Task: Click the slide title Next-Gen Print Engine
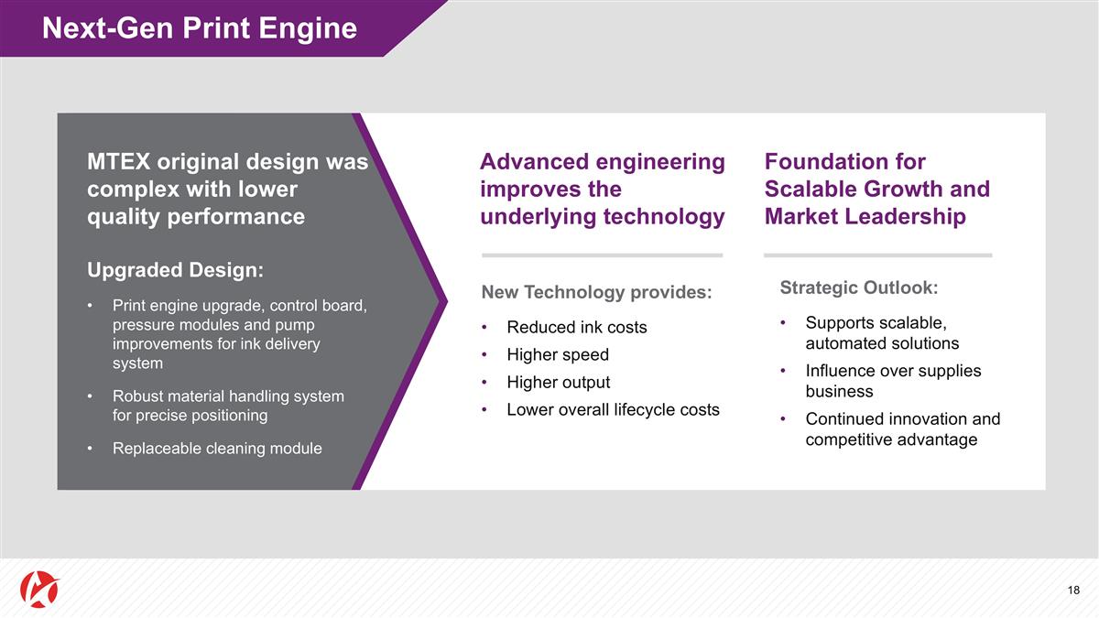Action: click(199, 28)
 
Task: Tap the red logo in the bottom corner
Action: click(38, 591)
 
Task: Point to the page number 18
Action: click(1073, 591)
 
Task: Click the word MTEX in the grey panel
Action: click(117, 162)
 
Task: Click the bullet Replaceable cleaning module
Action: click(216, 449)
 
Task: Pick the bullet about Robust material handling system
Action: click(227, 406)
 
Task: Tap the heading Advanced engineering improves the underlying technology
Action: click(602, 190)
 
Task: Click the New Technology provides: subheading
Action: click(596, 292)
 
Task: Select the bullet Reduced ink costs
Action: click(576, 328)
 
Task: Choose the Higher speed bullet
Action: click(557, 355)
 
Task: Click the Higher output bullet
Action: click(558, 383)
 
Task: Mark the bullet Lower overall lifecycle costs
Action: click(613, 410)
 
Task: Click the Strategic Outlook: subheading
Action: click(858, 287)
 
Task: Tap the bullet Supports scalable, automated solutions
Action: click(881, 333)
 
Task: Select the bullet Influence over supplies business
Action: click(892, 381)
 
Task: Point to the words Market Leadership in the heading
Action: click(865, 217)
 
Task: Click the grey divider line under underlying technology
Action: click(602, 255)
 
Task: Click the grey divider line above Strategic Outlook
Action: click(877, 255)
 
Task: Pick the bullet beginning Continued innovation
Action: click(902, 429)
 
